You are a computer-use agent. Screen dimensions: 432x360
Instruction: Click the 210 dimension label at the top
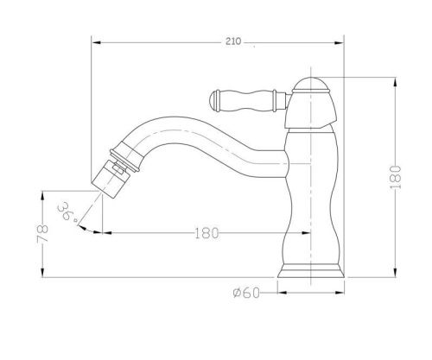point(233,41)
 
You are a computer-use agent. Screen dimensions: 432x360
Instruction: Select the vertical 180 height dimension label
point(396,177)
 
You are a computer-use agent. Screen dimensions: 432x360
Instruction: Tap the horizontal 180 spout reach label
point(207,233)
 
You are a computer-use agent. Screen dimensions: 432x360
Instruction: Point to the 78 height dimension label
point(42,233)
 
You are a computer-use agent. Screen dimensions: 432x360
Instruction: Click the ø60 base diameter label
point(246,293)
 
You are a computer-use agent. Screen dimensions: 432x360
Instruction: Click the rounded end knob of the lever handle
point(214,101)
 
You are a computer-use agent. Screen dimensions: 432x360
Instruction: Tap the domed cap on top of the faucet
point(311,85)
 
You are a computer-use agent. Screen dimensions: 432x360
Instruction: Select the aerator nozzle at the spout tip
point(108,179)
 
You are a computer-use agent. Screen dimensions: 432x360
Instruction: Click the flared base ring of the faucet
point(311,271)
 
